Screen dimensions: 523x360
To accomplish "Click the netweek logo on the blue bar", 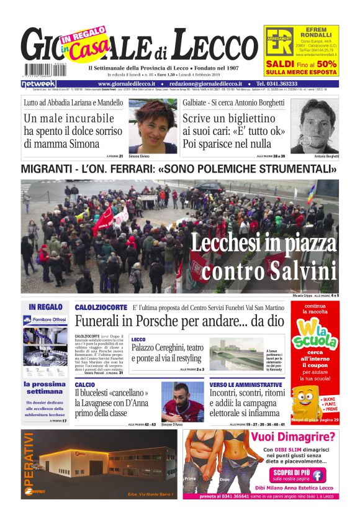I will pyautogui.click(x=38, y=84).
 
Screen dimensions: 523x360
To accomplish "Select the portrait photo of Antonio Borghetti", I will pyautogui.click(x=314, y=125).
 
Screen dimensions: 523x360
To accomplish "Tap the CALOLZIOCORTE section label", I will pyautogui.click(x=101, y=307).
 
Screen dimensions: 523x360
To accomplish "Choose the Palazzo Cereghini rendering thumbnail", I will pyautogui.click(x=237, y=352).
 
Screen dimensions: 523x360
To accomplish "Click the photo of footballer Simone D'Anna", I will pyautogui.click(x=182, y=401).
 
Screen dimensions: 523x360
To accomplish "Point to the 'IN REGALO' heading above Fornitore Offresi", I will pyautogui.click(x=45, y=307).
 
